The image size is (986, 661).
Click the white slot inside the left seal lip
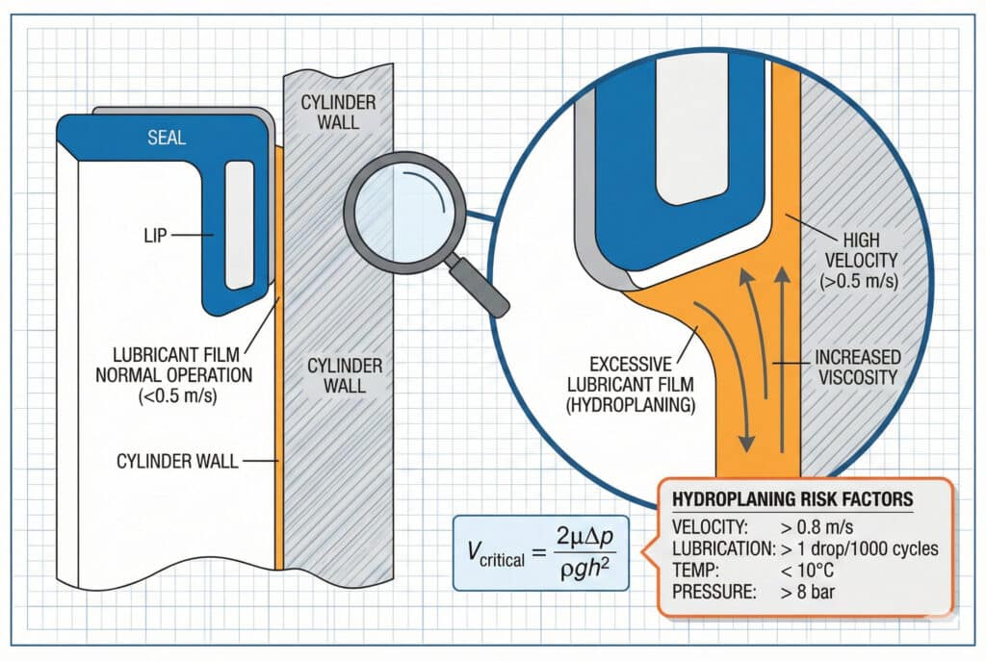[x=240, y=224]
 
